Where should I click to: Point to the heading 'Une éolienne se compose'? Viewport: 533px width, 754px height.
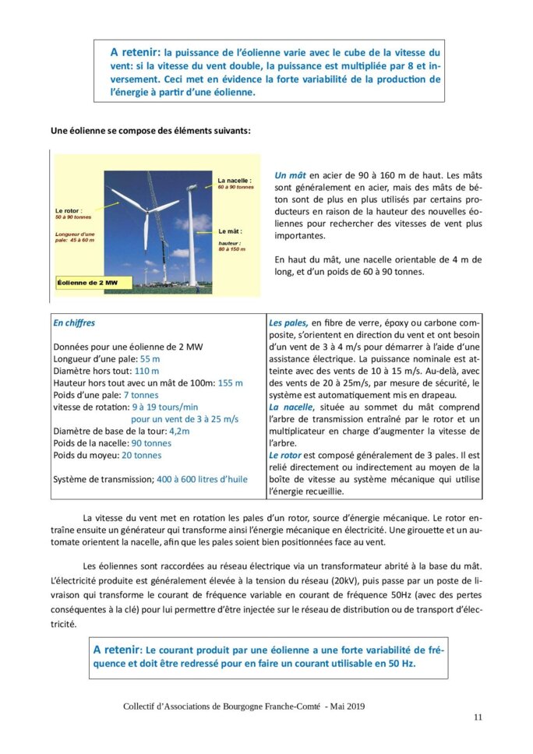click(x=150, y=130)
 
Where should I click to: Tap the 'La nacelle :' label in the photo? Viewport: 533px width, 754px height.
click(x=234, y=179)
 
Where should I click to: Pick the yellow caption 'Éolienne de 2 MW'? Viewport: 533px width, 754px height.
click(x=89, y=282)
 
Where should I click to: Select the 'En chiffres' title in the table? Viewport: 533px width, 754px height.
click(x=74, y=322)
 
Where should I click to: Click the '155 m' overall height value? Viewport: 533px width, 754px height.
click(x=231, y=382)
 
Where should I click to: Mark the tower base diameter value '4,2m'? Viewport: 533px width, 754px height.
click(x=179, y=431)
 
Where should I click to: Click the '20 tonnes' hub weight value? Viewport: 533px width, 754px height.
click(x=142, y=455)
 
